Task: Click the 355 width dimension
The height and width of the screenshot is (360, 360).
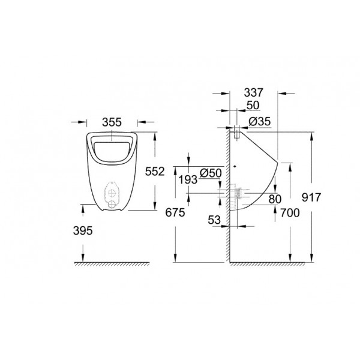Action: (x=112, y=122)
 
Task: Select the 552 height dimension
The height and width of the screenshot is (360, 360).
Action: (x=155, y=172)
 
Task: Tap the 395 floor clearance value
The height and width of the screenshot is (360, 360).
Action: (x=83, y=230)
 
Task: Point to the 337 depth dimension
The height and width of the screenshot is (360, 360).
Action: (x=253, y=92)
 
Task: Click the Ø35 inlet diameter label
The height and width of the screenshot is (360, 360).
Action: (x=260, y=121)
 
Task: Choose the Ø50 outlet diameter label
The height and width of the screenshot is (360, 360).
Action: (x=211, y=173)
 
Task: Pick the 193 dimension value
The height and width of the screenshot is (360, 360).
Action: (x=188, y=179)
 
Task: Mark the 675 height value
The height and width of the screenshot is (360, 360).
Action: (x=175, y=212)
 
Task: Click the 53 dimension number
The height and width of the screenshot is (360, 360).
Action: (x=214, y=220)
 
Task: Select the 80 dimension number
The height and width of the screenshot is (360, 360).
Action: (x=275, y=199)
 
